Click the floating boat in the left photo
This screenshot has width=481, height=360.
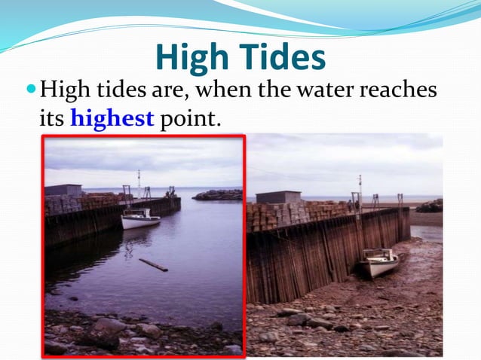(140, 219)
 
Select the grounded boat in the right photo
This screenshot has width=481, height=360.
(378, 263)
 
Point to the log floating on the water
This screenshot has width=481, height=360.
(153, 265)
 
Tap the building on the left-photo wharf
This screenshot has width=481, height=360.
(63, 190)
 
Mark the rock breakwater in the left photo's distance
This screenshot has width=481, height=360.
(217, 195)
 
